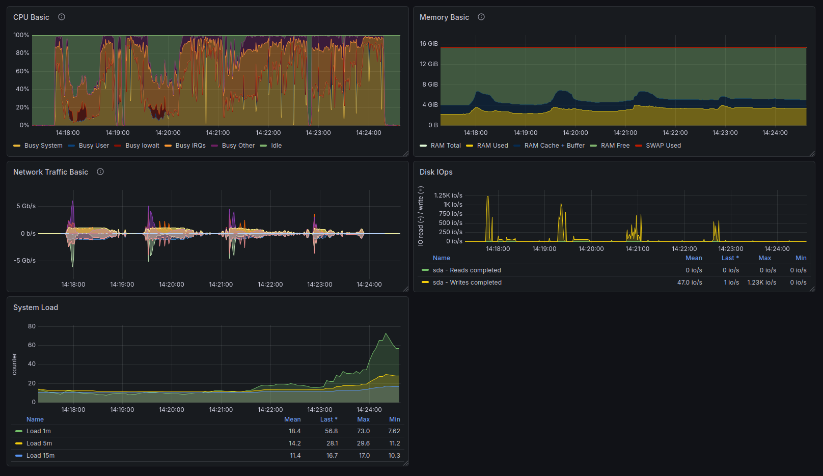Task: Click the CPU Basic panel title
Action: click(x=31, y=17)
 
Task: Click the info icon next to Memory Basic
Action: click(x=481, y=17)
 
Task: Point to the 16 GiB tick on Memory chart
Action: click(x=429, y=44)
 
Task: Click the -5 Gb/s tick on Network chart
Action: click(x=25, y=261)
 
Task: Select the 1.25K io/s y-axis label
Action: click(x=448, y=195)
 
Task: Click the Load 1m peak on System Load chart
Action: click(x=386, y=333)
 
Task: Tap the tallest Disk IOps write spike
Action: click(x=487, y=197)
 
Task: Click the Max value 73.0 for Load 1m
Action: click(x=363, y=431)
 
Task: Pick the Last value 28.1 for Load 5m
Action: click(x=332, y=443)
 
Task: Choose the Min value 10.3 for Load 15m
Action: click(x=394, y=456)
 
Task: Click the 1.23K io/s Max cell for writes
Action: click(x=762, y=283)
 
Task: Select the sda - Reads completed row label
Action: click(x=467, y=270)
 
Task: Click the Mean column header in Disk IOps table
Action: click(x=694, y=258)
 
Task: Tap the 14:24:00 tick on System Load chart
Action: click(x=369, y=409)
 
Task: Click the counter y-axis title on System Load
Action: click(x=14, y=364)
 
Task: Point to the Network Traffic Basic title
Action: click(x=51, y=172)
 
